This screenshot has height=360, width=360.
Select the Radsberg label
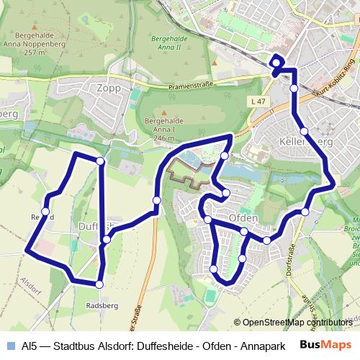point(102,305)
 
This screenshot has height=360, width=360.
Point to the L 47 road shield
point(259,103)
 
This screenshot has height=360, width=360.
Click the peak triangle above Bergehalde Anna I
point(165,113)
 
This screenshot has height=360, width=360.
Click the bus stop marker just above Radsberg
point(99,285)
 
